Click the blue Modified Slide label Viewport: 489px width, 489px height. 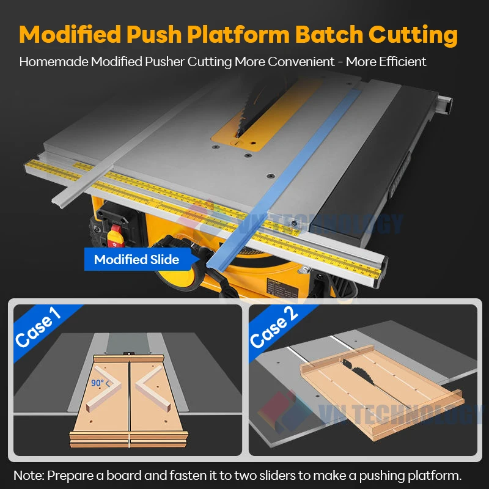coord(136,259)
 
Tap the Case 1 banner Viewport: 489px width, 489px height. coord(38,327)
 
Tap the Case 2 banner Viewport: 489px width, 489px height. coord(273,327)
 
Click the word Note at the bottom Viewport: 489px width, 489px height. coord(28,475)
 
